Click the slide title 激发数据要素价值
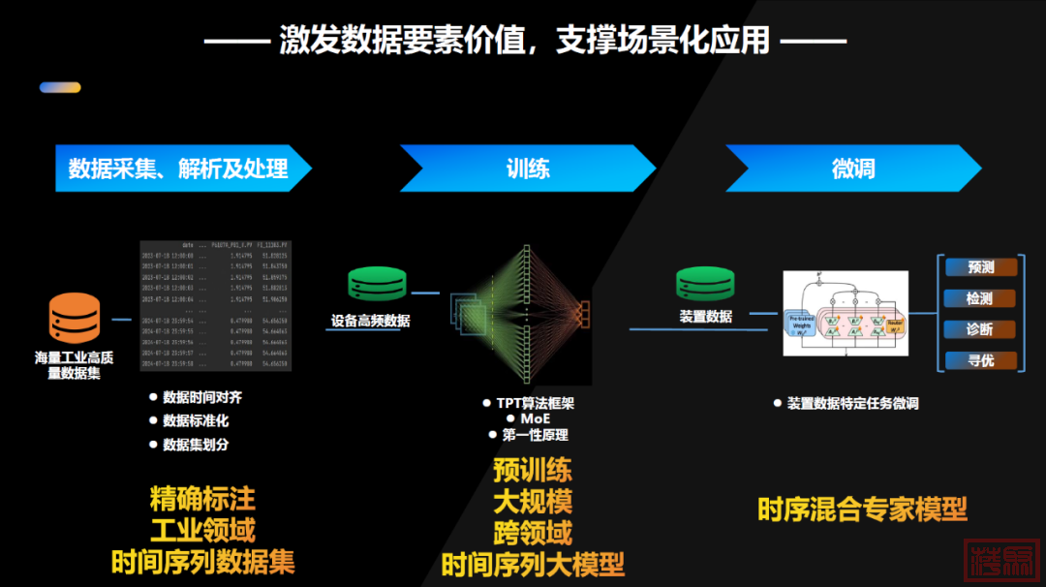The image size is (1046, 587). point(524,40)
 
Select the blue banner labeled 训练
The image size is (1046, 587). point(527,169)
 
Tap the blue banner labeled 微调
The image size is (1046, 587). point(852,169)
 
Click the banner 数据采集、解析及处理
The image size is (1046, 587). point(179,169)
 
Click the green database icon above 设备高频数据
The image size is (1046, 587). point(376,285)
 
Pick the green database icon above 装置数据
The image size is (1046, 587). point(704,285)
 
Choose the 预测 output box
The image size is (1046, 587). point(979,267)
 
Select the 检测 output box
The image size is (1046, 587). point(979,298)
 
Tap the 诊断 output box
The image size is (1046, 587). point(979,329)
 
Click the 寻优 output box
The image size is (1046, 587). point(979,360)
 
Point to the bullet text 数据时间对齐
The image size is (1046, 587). point(201,397)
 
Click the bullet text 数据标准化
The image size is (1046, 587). point(196,420)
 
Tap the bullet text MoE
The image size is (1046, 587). point(535,418)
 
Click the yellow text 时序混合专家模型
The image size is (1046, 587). point(862,509)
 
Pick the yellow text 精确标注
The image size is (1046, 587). point(202,499)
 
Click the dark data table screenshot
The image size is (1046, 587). point(215,304)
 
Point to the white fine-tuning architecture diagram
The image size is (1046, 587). point(846,312)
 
